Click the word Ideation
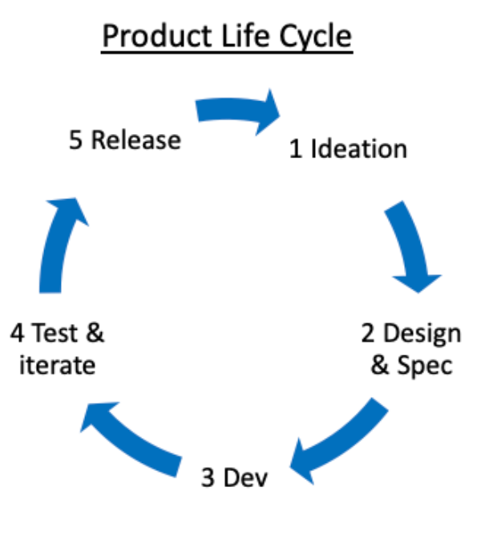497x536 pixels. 358,149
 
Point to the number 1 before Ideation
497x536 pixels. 296,149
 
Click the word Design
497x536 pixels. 422,333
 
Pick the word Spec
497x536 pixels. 424,365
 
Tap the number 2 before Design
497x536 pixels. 368,333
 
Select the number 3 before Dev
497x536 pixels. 208,479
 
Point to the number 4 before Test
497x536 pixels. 17,333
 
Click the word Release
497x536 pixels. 135,140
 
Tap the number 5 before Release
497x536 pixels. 76,140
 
